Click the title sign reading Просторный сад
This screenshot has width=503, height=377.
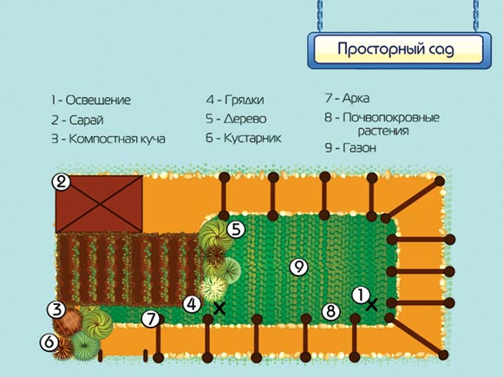[x=399, y=49]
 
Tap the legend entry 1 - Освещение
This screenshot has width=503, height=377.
[x=91, y=100]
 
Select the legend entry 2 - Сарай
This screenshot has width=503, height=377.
[x=77, y=120]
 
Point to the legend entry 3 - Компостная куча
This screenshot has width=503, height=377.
[x=108, y=140]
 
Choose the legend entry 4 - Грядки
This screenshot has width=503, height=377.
[x=235, y=100]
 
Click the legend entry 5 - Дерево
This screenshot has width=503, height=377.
[x=236, y=119]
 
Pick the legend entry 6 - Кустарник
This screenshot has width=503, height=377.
[x=244, y=138]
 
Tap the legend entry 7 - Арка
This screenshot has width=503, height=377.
[x=347, y=98]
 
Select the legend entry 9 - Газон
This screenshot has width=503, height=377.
[x=350, y=148]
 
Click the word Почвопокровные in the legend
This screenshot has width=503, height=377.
[x=391, y=118]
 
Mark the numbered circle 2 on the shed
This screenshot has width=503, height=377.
[x=61, y=182]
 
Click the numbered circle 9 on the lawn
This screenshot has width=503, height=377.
[x=298, y=267]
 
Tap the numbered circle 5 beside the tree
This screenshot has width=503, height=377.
[x=236, y=230]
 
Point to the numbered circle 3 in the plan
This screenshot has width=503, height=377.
[x=56, y=309]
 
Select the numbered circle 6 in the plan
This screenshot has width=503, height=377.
[x=49, y=342]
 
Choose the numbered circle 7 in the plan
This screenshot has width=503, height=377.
[x=150, y=319]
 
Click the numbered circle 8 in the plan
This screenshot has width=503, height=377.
[x=330, y=311]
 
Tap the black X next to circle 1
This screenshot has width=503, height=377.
[x=372, y=305]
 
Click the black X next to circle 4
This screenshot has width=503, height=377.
[x=219, y=309]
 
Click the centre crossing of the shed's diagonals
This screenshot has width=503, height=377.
[x=99, y=204]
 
